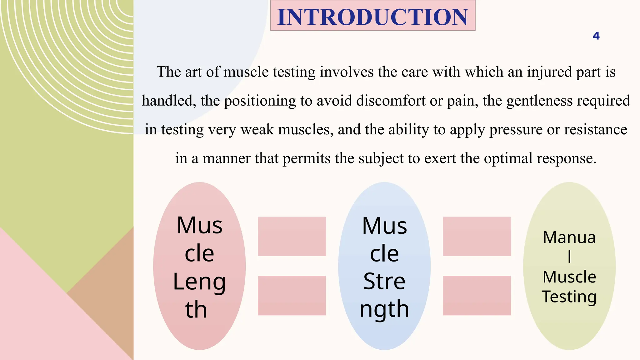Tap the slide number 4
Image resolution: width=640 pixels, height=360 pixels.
click(x=596, y=36)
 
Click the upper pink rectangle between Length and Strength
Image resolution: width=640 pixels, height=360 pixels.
click(x=292, y=237)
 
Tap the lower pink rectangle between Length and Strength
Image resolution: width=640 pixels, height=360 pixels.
click(x=292, y=295)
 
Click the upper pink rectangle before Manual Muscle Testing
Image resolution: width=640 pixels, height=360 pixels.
click(x=477, y=237)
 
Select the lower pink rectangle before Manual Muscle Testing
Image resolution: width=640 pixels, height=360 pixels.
click(x=477, y=295)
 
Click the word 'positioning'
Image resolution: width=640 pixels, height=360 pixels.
click(x=260, y=101)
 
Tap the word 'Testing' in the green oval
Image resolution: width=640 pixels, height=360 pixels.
click(x=569, y=297)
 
